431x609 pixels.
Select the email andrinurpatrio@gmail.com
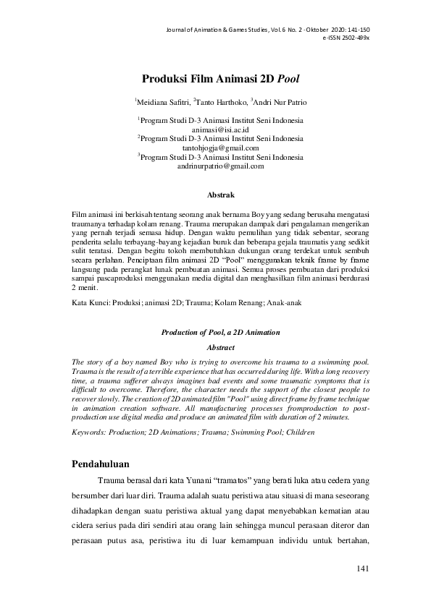(x=220, y=166)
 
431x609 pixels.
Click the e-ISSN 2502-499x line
(x=346, y=37)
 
